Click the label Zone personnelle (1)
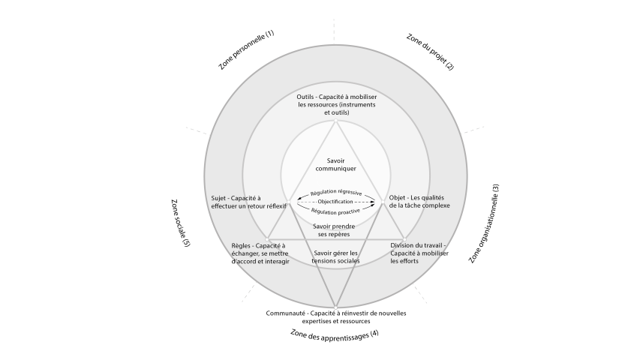tap(246, 50)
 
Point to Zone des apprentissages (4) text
tap(334, 335)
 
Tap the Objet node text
tap(419, 202)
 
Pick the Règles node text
tap(259, 253)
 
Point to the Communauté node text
tap(336, 316)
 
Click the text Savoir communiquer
tap(335, 165)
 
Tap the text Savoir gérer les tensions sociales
tap(335, 257)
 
